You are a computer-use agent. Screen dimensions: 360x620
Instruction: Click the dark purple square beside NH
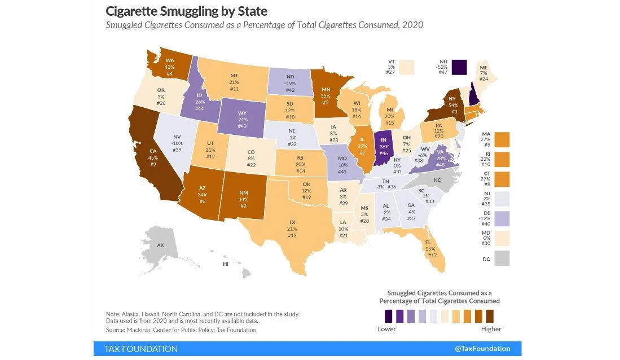tap(460, 67)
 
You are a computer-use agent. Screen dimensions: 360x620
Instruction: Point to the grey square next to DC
tap(502, 258)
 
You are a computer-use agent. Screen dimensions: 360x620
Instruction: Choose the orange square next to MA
tap(502, 139)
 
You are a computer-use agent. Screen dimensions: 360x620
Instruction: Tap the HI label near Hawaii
tap(226, 264)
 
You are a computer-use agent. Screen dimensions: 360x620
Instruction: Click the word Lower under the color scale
tap(386, 329)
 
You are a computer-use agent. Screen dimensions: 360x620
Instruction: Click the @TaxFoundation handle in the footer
tap(482, 349)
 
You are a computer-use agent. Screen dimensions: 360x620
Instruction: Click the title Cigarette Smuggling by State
tap(187, 11)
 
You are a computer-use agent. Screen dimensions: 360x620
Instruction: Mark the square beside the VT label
tap(406, 67)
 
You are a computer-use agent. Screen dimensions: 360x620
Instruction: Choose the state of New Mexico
tap(244, 198)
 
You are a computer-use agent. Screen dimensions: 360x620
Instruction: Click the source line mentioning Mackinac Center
tap(182, 330)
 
